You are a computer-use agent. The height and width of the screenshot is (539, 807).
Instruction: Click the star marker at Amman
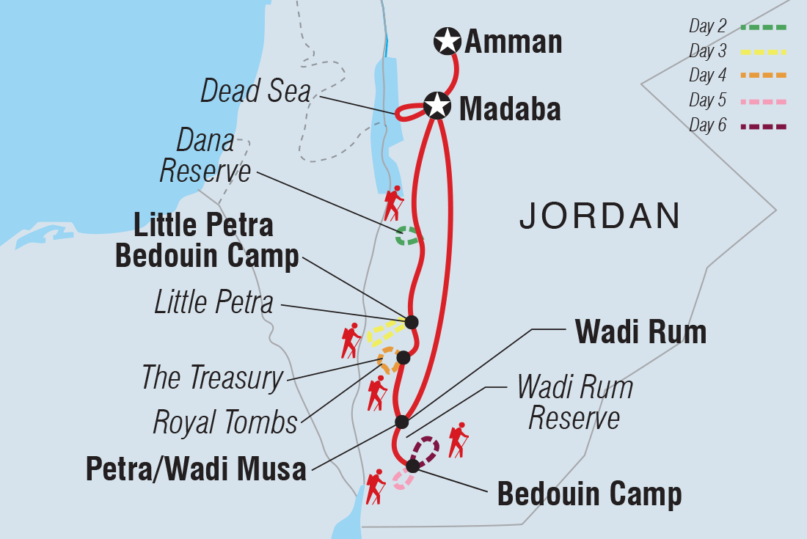tap(447, 41)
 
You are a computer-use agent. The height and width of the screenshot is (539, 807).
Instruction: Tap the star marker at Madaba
tap(437, 107)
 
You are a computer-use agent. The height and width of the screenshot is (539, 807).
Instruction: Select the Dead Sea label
tap(255, 92)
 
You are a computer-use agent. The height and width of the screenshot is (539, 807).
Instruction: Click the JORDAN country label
tap(599, 216)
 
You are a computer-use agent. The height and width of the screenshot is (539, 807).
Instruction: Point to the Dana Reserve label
tap(205, 156)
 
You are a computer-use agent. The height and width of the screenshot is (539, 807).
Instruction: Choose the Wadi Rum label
tap(640, 332)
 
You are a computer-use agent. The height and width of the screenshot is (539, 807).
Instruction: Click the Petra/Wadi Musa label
tap(196, 469)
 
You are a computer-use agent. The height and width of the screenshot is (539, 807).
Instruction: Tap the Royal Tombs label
tap(225, 422)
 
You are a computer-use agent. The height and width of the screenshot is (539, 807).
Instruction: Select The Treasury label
tap(212, 378)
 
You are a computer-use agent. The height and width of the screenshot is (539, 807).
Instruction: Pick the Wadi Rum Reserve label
tap(574, 402)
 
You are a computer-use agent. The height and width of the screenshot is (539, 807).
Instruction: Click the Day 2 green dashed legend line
tap(763, 27)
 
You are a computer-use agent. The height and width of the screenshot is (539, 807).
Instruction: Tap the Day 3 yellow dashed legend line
tap(763, 51)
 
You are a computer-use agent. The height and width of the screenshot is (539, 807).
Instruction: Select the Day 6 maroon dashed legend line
tap(763, 126)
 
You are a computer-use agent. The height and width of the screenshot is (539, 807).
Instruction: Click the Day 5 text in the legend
tap(707, 101)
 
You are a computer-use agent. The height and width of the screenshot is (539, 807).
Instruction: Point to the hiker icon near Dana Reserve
tap(393, 202)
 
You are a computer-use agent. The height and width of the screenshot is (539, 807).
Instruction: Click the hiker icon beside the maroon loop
tap(459, 439)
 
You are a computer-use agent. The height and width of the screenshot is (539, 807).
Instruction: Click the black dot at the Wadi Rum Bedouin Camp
tap(412, 466)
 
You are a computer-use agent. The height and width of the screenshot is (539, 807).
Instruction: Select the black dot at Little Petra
tap(411, 321)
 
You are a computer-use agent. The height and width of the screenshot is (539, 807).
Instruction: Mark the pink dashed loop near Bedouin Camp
tap(403, 480)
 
